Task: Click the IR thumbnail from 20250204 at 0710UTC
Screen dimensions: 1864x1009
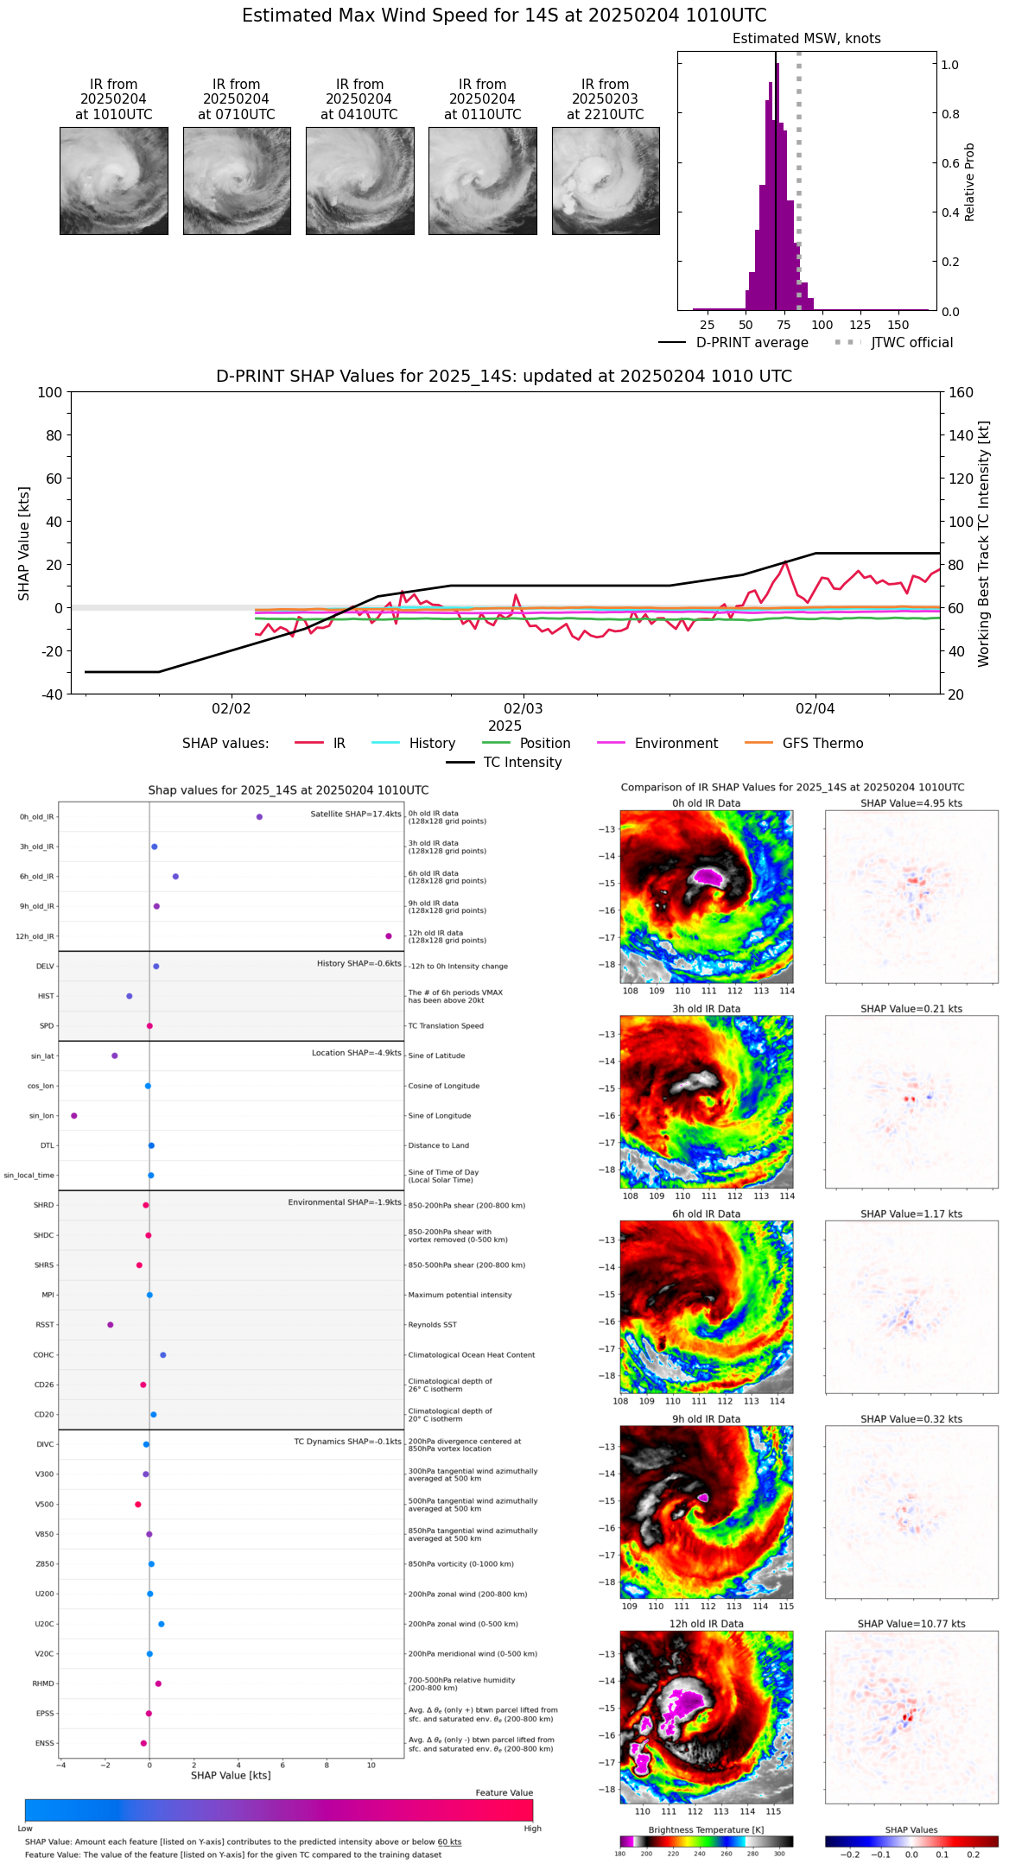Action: pos(237,181)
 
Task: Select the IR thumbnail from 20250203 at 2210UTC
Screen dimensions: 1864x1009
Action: pos(606,181)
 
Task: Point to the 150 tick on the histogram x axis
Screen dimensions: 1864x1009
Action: pos(898,325)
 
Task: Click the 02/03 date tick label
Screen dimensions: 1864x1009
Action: pos(523,709)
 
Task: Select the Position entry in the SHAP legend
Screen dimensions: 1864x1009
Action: pos(544,744)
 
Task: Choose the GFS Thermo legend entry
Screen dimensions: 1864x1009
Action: pos(822,744)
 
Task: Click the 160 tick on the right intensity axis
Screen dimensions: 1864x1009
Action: pos(961,393)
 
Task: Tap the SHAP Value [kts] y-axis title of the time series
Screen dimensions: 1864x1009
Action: pos(24,543)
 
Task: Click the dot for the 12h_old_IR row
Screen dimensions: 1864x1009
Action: pos(389,936)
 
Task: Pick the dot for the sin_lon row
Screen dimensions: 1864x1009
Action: pos(74,1116)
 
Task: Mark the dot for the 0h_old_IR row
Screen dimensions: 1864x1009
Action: pos(259,817)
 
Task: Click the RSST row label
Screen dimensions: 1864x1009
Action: pos(45,1325)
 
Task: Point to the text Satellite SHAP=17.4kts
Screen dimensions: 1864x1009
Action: pos(356,815)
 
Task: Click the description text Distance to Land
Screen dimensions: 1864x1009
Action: pos(438,1146)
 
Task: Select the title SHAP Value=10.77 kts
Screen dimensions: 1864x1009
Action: pos(911,1624)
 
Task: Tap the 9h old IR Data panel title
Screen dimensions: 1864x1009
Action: pos(706,1419)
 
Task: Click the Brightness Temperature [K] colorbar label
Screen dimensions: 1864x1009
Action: pos(706,1829)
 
